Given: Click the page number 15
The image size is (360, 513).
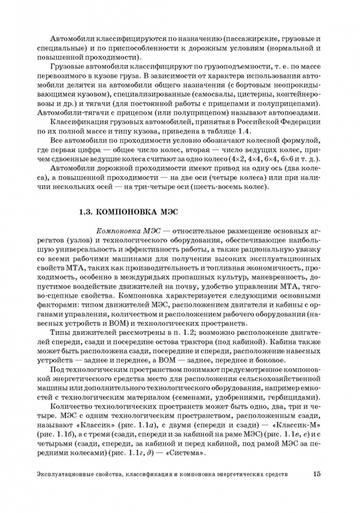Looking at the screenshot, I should coord(317,474).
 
